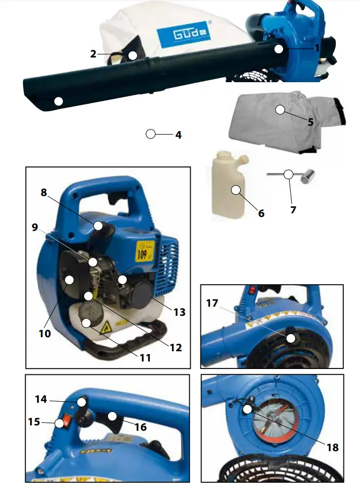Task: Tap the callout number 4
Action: (x=178, y=135)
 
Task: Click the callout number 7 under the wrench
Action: (x=293, y=209)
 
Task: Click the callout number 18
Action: (x=333, y=447)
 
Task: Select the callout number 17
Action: (x=212, y=303)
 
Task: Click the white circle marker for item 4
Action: (x=151, y=134)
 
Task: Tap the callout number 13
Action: (x=179, y=312)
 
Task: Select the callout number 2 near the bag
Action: (x=93, y=54)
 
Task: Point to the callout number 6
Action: (x=261, y=213)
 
